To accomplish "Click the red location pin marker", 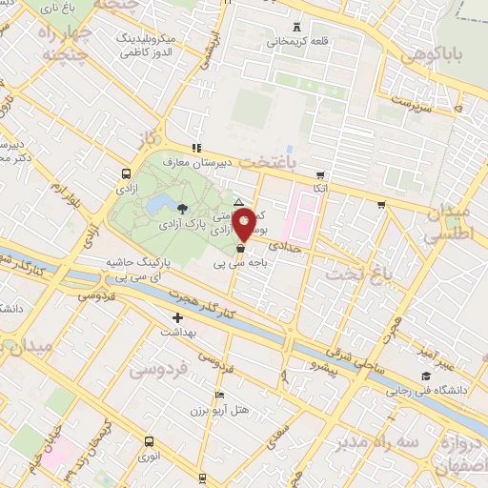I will tap(244, 226).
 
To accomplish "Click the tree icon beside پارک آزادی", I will tap(182, 207).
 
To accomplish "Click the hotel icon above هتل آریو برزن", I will tap(220, 396).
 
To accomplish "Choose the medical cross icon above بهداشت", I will tap(176, 317).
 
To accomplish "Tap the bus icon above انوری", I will tap(149, 440).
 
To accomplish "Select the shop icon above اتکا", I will tap(320, 175).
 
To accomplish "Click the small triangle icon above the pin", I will tap(239, 202).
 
